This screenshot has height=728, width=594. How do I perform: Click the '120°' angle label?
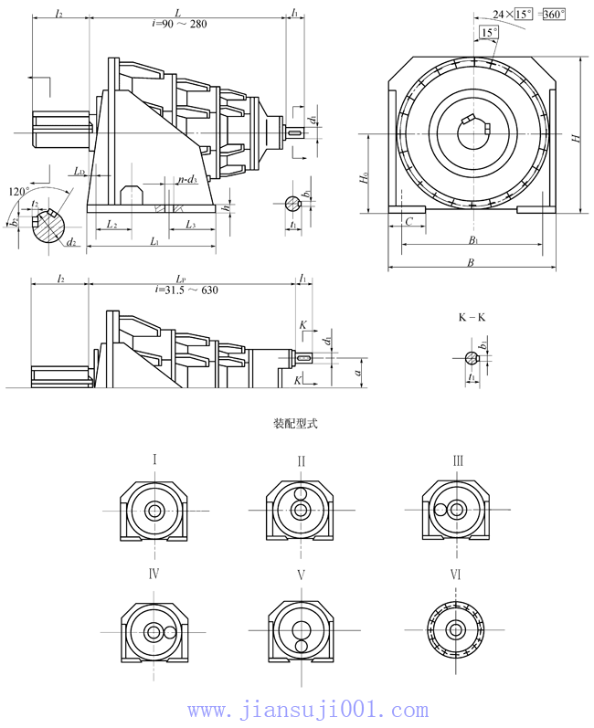[x=19, y=192]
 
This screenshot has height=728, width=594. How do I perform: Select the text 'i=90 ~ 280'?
[x=179, y=24]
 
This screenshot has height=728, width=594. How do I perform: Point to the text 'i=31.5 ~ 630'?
[x=186, y=290]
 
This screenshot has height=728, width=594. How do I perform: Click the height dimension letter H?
[x=575, y=137]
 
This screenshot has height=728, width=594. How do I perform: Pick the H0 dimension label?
[x=364, y=179]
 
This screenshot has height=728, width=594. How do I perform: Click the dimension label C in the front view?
[x=409, y=221]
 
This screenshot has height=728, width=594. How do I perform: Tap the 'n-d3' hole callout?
[x=187, y=180]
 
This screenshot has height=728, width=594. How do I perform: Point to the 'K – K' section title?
[x=472, y=317]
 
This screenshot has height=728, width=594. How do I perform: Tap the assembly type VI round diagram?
[x=455, y=628]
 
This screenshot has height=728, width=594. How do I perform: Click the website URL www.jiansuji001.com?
[x=307, y=710]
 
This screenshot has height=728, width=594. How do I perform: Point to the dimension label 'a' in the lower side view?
[x=359, y=371]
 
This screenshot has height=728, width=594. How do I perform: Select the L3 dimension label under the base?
[x=189, y=224]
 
